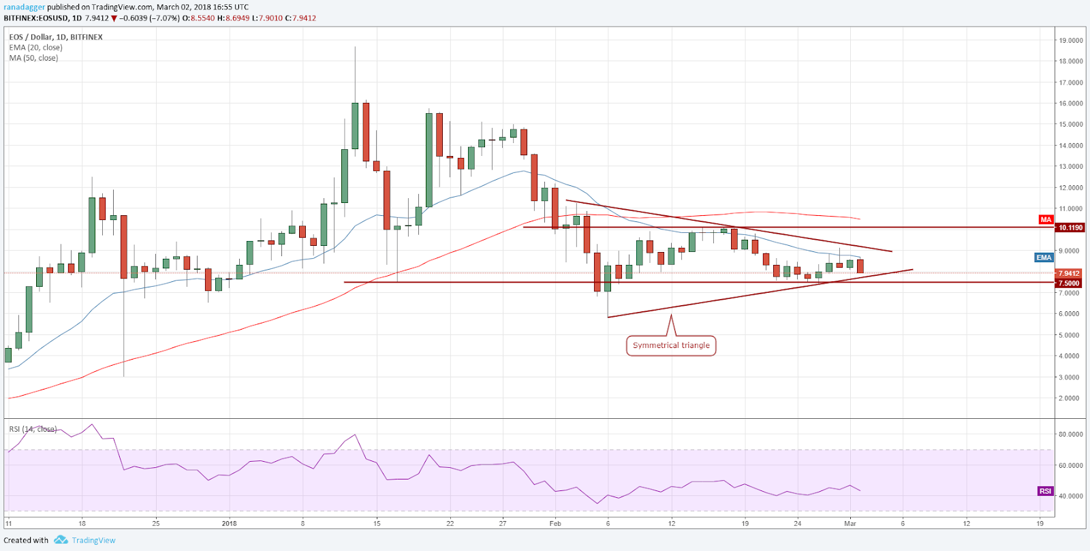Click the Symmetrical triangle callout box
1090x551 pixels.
point(671,345)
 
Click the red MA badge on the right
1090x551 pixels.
point(1046,219)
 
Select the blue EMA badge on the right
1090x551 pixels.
point(1044,257)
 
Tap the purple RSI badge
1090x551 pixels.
point(1045,491)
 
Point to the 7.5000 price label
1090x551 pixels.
point(1068,283)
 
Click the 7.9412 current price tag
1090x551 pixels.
point(1068,273)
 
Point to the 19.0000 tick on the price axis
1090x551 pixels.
point(1070,41)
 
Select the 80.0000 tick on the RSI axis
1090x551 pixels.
point(1070,435)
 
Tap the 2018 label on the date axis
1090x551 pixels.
point(229,523)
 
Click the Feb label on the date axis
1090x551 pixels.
point(555,523)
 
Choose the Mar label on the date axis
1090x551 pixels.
point(850,523)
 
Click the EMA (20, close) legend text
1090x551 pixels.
point(35,48)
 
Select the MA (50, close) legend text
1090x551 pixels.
point(33,58)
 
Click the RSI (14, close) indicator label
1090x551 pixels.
point(32,429)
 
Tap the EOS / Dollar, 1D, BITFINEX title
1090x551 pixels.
point(56,37)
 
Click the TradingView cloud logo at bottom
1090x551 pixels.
point(61,540)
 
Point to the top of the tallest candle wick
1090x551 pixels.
point(355,47)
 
